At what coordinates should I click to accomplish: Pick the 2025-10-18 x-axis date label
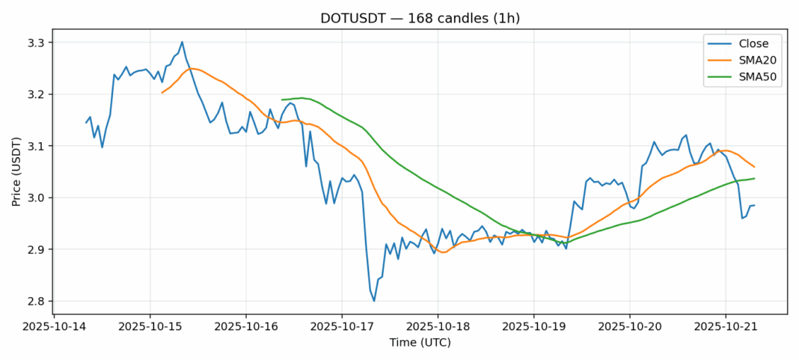click(x=438, y=327)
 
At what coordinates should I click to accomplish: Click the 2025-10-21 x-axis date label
click(x=725, y=327)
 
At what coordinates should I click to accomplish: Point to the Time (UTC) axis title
click(x=420, y=343)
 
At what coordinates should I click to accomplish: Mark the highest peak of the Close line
click(x=182, y=42)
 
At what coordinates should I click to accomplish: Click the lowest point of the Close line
click(x=374, y=301)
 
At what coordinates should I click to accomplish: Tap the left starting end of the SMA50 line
click(x=282, y=100)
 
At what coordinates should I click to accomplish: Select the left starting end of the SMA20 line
click(x=162, y=93)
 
